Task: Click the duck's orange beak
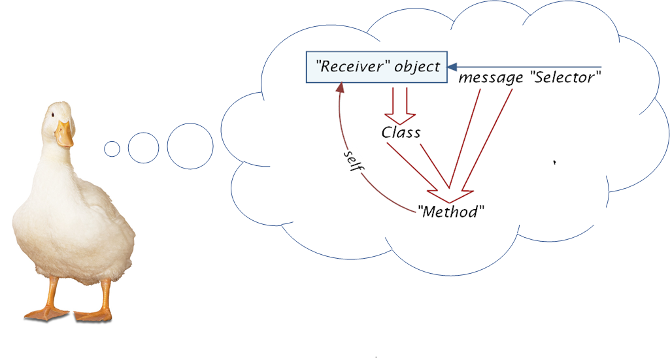[63, 135]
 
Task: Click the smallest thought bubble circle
[112, 149]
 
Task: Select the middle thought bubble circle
[143, 148]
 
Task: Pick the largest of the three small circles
[190, 144]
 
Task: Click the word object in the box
[417, 67]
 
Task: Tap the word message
[490, 78]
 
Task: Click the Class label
[401, 132]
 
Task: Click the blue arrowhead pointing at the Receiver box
[452, 67]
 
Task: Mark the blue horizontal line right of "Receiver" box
[529, 67]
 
